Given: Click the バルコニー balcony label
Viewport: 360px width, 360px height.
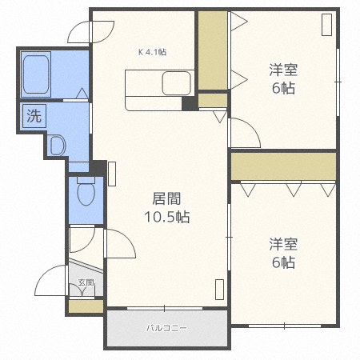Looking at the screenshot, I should click(x=166, y=328).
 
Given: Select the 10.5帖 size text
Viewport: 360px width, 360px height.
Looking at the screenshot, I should click(x=166, y=217).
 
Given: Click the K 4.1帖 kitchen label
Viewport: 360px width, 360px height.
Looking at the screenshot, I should click(x=152, y=52).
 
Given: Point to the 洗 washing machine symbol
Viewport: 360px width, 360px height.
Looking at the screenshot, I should click(x=34, y=114).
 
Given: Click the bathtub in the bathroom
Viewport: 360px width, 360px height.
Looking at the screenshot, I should click(x=37, y=73).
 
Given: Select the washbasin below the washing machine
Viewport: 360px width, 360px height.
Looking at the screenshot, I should click(x=57, y=145).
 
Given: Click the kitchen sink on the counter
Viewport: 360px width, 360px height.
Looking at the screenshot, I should click(x=177, y=82).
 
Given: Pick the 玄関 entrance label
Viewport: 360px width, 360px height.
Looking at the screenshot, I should click(x=86, y=282).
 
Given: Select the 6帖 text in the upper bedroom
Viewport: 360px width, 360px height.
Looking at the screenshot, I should click(x=282, y=89).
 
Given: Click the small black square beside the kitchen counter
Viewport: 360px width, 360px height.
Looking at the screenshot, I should click(x=189, y=102).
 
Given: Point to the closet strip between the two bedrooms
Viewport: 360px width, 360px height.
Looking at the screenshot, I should click(x=283, y=166).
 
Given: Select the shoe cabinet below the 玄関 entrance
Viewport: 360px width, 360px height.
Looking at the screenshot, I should click(x=86, y=305).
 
